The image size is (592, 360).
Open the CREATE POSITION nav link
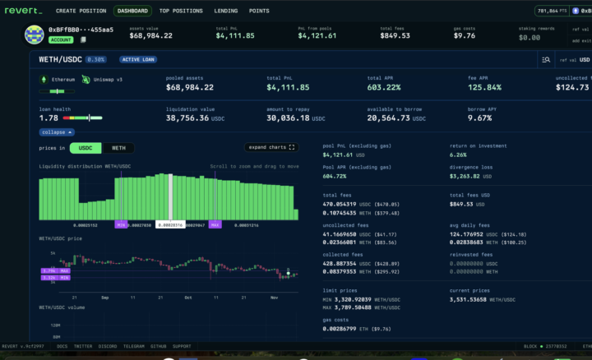[x=81, y=12]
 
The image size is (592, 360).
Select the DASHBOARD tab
[x=132, y=12]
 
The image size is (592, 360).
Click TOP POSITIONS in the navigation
[x=181, y=12]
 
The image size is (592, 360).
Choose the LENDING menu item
[x=226, y=12]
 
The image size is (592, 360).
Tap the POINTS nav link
[x=259, y=12]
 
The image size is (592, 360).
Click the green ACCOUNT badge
[x=61, y=39]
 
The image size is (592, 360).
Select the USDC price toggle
[x=85, y=148]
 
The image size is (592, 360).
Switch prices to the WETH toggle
[x=119, y=148]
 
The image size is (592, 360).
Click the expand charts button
[x=271, y=147]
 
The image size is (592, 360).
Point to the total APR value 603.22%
[x=383, y=87]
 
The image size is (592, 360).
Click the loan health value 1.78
[x=49, y=118]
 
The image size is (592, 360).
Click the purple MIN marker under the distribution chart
[x=121, y=224]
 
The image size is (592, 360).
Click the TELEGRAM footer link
[x=134, y=346]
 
